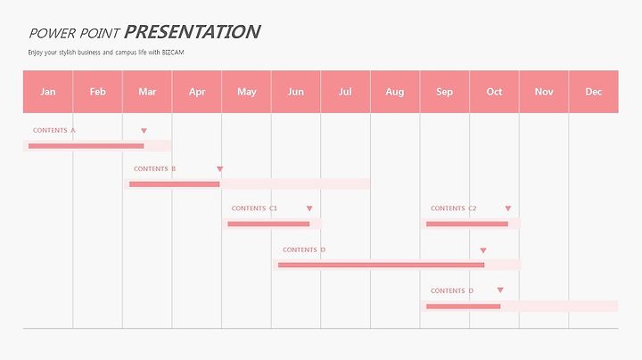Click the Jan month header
click(48, 92)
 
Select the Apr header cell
click(197, 92)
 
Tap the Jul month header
click(345, 92)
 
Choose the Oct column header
click(494, 92)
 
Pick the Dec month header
click(594, 92)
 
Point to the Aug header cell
click(395, 92)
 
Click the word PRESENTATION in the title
click(192, 32)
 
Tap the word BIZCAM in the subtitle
click(173, 53)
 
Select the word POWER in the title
click(52, 33)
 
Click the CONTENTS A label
click(54, 130)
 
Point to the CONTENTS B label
click(155, 168)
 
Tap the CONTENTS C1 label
click(254, 209)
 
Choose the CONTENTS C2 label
click(454, 209)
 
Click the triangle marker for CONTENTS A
click(144, 131)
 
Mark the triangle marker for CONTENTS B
click(220, 169)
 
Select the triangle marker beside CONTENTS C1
click(309, 209)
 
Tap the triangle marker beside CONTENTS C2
click(508, 209)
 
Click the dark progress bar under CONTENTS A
click(86, 146)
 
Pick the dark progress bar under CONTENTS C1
click(268, 224)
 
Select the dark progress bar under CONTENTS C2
click(467, 224)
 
